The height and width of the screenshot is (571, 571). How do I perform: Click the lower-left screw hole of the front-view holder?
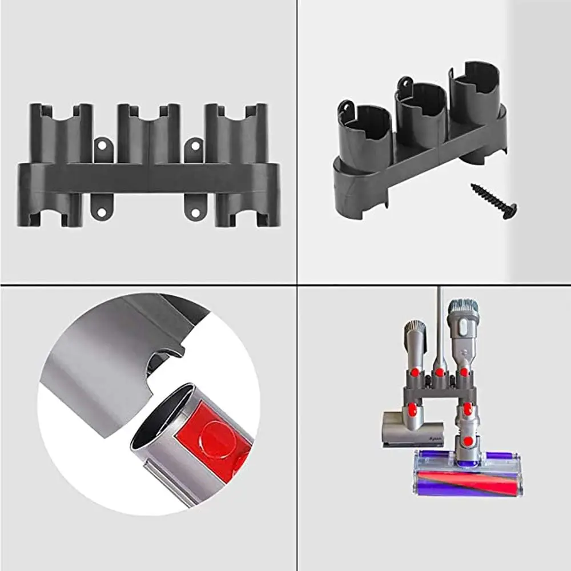point(102,212)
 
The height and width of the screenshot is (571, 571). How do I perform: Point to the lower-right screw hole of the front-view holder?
point(194,212)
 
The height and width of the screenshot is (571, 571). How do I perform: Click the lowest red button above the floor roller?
point(467,441)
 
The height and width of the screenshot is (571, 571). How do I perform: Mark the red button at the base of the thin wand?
point(439,372)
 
